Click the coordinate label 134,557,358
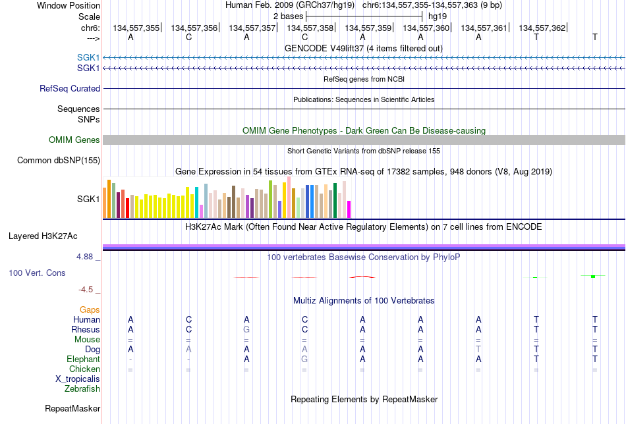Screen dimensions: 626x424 click(x=310, y=28)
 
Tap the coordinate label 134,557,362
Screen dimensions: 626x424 click(x=542, y=28)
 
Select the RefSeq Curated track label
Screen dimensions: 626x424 click(x=70, y=88)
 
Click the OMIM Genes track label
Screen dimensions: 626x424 click(x=74, y=140)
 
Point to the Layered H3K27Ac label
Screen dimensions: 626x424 click(x=43, y=236)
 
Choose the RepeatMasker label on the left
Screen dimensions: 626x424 click(x=72, y=408)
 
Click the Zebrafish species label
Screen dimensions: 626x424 click(x=82, y=389)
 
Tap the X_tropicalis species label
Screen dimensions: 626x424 click(x=78, y=379)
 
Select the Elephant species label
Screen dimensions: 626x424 click(x=84, y=359)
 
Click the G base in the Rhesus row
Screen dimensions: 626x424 click(x=246, y=330)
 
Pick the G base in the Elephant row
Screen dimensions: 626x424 click(x=304, y=359)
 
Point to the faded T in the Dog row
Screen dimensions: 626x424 click(x=478, y=350)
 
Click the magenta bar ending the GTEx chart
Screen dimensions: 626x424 click(x=349, y=209)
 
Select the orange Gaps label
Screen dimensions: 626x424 click(x=90, y=310)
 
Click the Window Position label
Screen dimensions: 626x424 click(x=69, y=5)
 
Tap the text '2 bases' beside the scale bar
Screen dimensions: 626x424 click(x=288, y=16)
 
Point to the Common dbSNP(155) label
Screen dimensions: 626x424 click(x=59, y=161)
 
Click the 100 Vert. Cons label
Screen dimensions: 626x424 click(x=37, y=273)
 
